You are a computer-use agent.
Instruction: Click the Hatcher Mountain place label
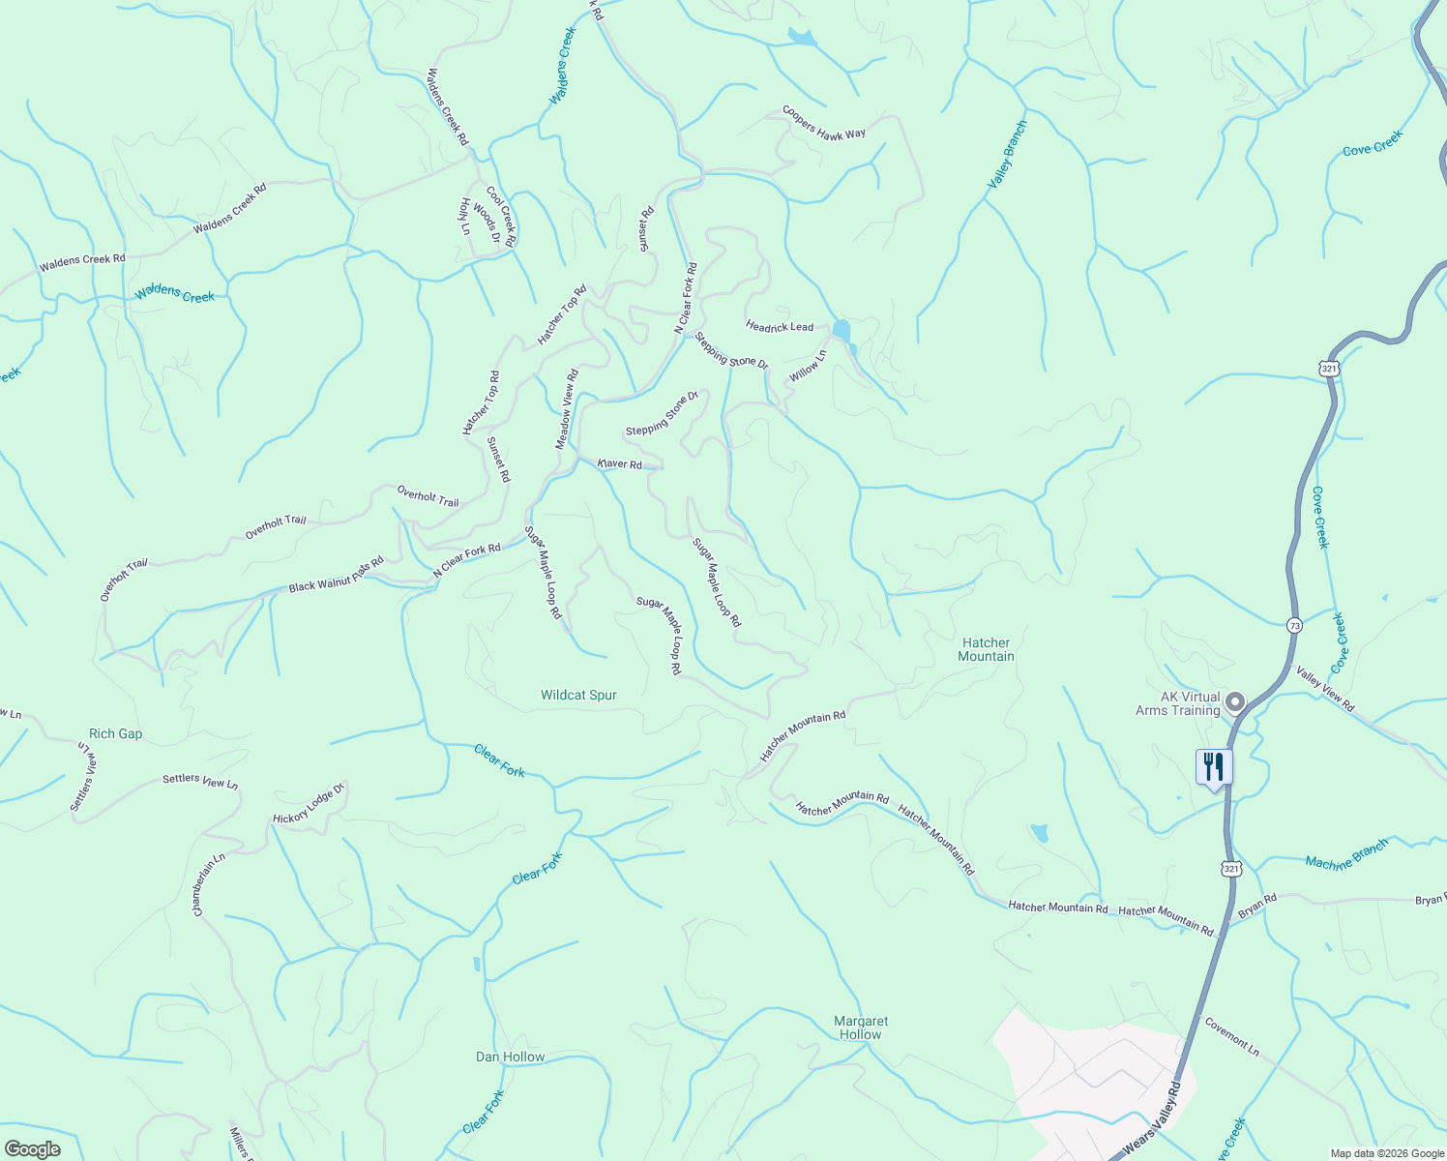pyautogui.click(x=986, y=649)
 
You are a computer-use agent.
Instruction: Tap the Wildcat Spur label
pyautogui.click(x=578, y=695)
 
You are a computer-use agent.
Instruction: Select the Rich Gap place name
pyautogui.click(x=115, y=733)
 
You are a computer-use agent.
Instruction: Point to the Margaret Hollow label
pyautogui.click(x=860, y=1027)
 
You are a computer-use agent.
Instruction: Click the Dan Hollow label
pyautogui.click(x=510, y=1057)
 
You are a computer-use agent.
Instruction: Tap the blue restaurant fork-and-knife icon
pyautogui.click(x=1213, y=767)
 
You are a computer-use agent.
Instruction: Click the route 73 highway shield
pyautogui.click(x=1294, y=626)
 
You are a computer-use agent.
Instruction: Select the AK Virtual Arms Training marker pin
pyautogui.click(x=1234, y=701)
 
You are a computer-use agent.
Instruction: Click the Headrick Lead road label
pyautogui.click(x=780, y=327)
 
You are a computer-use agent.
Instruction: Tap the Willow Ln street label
pyautogui.click(x=808, y=366)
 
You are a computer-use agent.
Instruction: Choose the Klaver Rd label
pyautogui.click(x=620, y=464)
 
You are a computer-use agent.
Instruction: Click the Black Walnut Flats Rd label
pyautogui.click(x=336, y=575)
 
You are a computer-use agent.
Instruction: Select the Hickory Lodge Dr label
pyautogui.click(x=309, y=805)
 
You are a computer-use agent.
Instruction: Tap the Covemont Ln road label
pyautogui.click(x=1231, y=1036)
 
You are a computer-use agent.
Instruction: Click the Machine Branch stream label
pyautogui.click(x=1346, y=854)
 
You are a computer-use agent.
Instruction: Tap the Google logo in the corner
pyautogui.click(x=32, y=1149)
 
